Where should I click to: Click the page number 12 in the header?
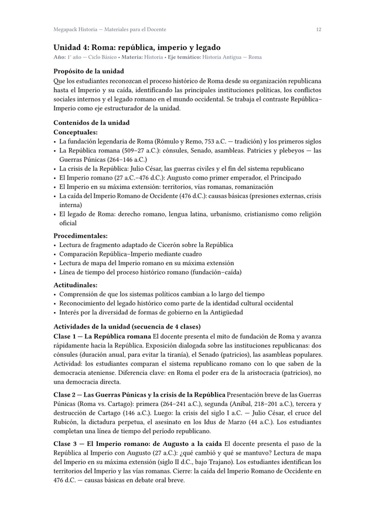[x=318, y=29]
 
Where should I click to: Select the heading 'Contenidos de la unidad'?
[x=91, y=123]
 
